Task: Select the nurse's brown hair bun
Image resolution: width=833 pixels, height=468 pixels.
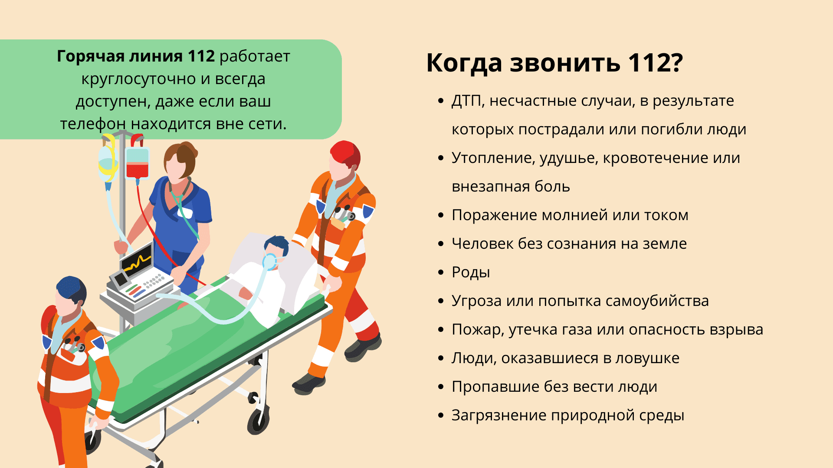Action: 189,149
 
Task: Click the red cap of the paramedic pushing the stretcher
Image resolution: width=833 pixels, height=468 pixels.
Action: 346,153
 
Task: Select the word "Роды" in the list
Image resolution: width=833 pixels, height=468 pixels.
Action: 471,273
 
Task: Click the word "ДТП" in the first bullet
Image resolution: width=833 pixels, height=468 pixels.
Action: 468,101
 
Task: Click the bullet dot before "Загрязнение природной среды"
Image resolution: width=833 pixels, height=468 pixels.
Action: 441,415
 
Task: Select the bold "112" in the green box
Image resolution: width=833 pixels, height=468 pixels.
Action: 201,56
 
